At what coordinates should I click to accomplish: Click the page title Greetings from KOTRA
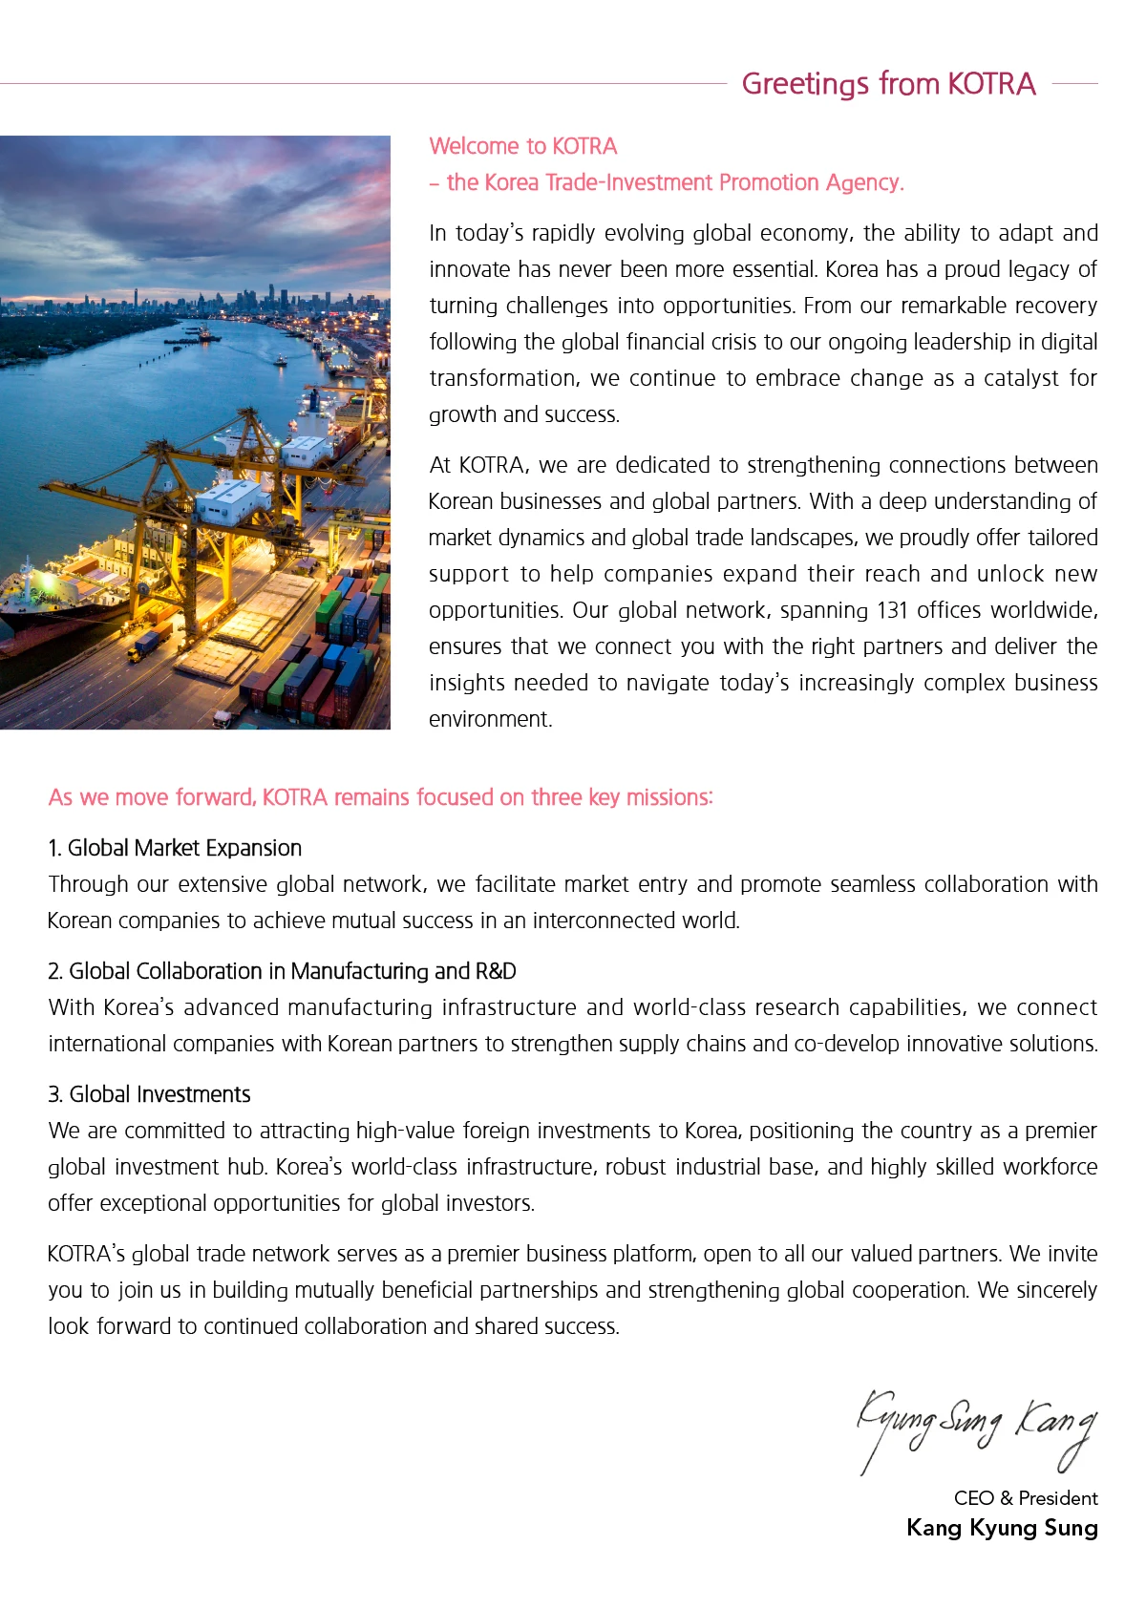[x=888, y=84]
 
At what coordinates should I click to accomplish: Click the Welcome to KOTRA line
[x=523, y=146]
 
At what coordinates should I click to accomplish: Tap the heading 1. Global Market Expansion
[x=176, y=848]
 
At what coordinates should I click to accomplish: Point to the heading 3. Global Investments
[x=150, y=1094]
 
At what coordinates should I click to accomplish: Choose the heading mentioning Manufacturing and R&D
[x=283, y=971]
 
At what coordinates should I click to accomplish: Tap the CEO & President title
[x=1025, y=1497]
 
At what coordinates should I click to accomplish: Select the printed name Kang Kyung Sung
[x=1001, y=1528]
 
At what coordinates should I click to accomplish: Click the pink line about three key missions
[x=380, y=797]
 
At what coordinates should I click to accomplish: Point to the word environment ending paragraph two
[x=490, y=719]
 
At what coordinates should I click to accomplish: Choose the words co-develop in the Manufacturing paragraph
[x=846, y=1044]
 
